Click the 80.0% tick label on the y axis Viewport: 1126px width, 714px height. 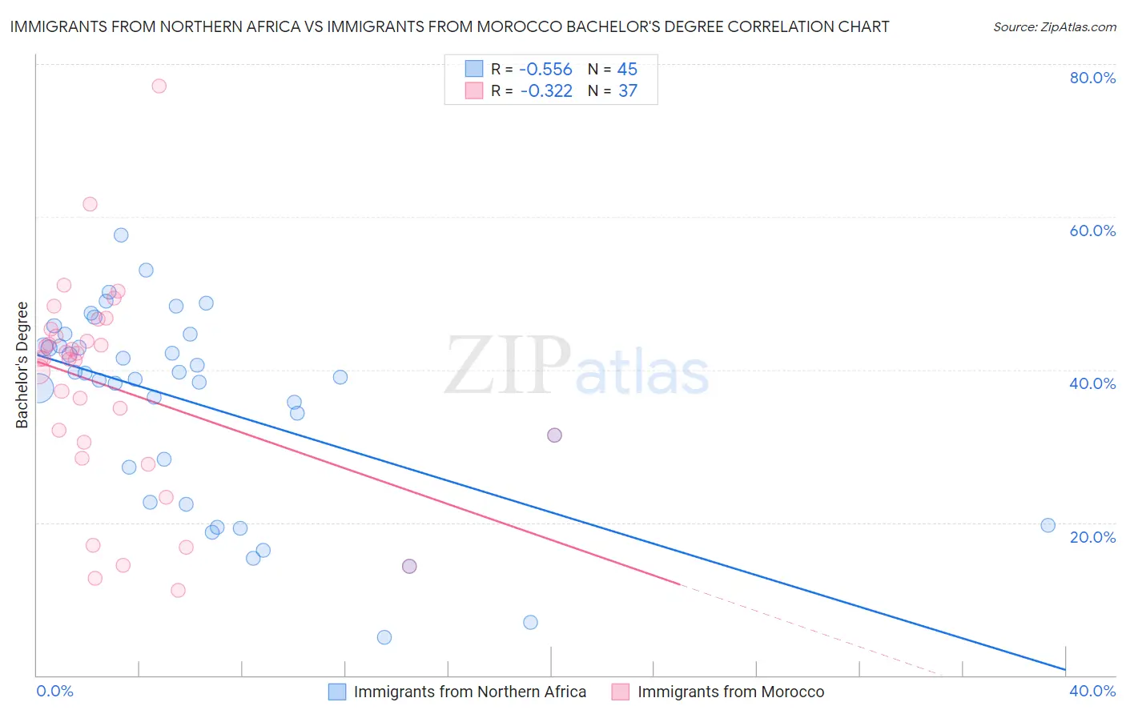point(1092,78)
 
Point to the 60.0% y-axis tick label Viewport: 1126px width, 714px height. point(1092,231)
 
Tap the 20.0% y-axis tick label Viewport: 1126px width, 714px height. point(1092,537)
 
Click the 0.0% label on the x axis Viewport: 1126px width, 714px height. point(54,691)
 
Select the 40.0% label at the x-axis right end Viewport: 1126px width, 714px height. point(1092,691)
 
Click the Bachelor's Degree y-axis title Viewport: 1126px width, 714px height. point(22,365)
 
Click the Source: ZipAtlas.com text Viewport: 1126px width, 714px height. point(1054,27)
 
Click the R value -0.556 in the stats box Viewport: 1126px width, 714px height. point(545,70)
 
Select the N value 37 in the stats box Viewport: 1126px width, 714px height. point(628,91)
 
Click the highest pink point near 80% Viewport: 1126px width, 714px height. point(159,86)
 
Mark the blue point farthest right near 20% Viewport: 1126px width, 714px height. point(1048,525)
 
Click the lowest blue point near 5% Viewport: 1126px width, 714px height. point(384,637)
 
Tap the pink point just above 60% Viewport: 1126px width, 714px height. point(90,204)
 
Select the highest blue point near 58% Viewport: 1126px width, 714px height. point(121,235)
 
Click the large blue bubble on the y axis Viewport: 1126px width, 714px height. point(38,388)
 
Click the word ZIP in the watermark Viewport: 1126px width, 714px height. point(508,367)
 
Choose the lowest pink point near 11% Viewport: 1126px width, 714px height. point(178,590)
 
